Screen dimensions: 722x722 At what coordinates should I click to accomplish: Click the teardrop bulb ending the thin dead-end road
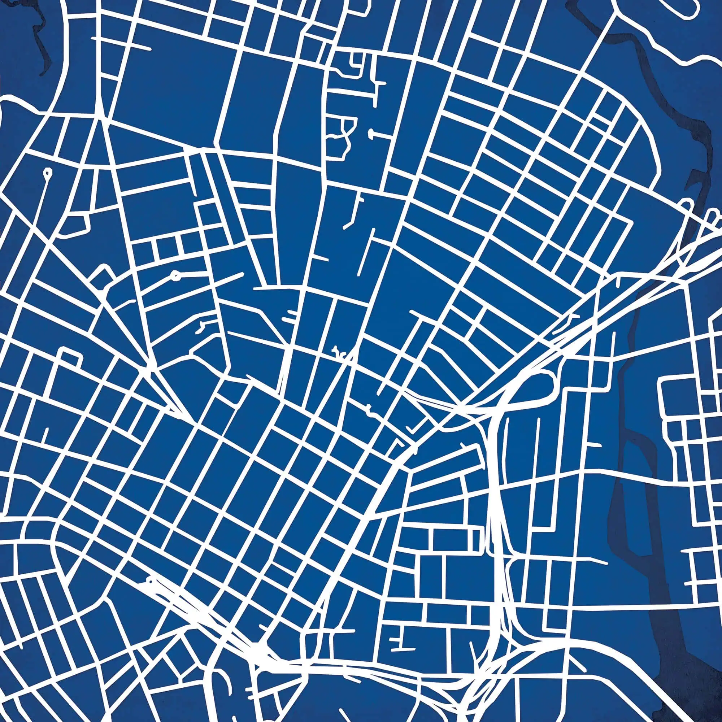pos(47,172)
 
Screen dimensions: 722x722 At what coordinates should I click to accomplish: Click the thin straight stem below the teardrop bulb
pos(43,198)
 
